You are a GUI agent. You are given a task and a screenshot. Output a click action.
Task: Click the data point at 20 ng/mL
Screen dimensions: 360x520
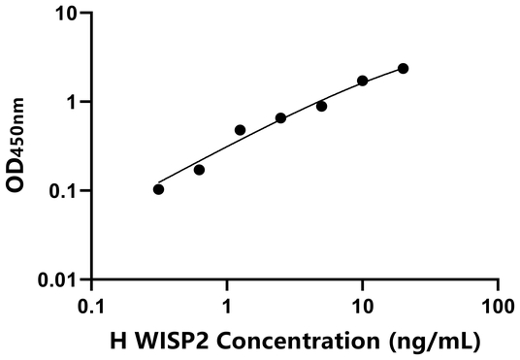tap(404, 68)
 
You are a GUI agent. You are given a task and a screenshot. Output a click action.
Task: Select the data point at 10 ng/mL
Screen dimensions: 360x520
tap(363, 81)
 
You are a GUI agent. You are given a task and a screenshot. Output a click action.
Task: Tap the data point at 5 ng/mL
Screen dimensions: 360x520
tap(321, 106)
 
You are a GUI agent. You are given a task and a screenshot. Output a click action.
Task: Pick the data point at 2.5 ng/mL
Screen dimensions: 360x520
tap(280, 118)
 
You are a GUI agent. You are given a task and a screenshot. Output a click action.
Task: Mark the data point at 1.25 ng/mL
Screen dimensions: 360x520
tap(240, 130)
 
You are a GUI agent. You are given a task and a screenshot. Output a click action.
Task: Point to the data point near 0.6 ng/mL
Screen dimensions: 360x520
tap(199, 170)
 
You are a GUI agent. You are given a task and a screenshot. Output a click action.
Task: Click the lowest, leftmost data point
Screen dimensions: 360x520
tap(158, 189)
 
